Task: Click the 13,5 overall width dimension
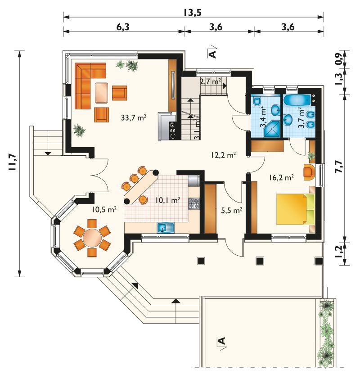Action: [x=192, y=13]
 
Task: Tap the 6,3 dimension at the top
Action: [x=123, y=27]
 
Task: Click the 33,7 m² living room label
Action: [x=134, y=118]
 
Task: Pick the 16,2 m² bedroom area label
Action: [x=282, y=178]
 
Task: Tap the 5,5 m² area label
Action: [x=232, y=210]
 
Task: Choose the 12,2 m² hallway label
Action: [x=223, y=155]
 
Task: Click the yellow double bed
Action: [x=296, y=209]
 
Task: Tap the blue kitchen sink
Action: [x=166, y=228]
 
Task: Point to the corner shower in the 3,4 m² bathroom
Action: [x=272, y=129]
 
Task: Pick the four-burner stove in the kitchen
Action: [x=193, y=203]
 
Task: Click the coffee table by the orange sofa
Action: [x=102, y=93]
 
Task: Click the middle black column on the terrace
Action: [x=260, y=261]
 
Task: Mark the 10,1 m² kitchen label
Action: [x=167, y=200]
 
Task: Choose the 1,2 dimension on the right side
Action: [x=339, y=251]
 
